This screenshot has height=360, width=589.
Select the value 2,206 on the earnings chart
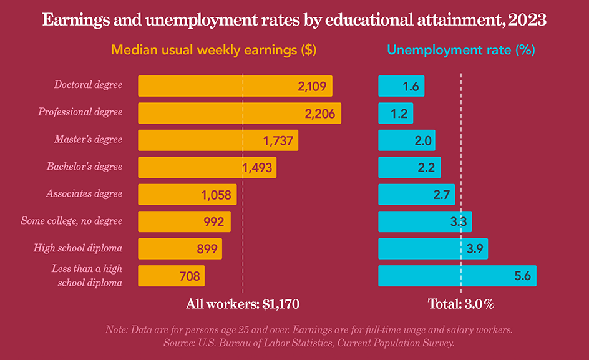(x=320, y=114)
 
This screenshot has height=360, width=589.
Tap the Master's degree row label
(x=88, y=139)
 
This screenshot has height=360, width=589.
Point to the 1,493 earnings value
(x=258, y=167)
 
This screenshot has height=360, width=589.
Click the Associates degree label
(x=84, y=193)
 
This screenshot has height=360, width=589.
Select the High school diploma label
(x=78, y=248)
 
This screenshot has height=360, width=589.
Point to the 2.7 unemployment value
(x=441, y=194)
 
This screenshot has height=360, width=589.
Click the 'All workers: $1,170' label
(x=243, y=304)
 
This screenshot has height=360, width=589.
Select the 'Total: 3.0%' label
(x=461, y=304)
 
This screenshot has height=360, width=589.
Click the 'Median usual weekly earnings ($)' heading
(x=214, y=51)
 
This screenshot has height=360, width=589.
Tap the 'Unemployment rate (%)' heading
(x=461, y=51)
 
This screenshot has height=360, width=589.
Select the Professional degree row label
(x=80, y=112)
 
